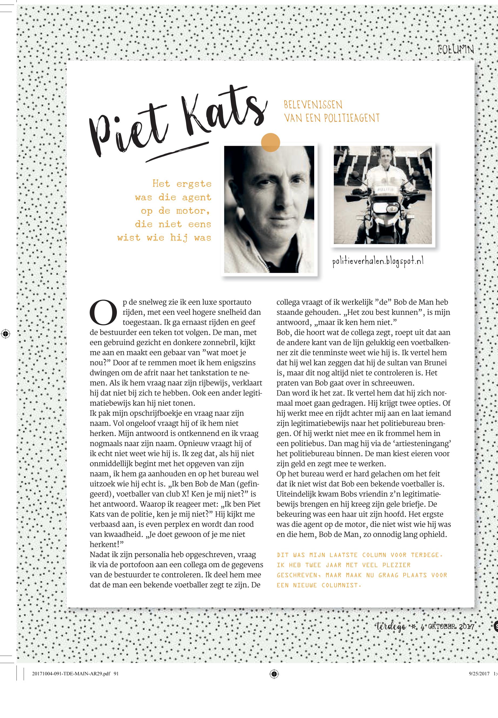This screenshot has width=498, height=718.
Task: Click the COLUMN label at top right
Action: pos(456,50)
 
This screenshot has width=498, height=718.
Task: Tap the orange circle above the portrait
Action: pos(270,143)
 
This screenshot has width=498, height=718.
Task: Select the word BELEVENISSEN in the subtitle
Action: pos(313,104)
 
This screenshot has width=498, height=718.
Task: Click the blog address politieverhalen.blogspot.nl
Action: pos(378,261)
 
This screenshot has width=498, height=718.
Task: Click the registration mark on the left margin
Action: pos(5,334)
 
